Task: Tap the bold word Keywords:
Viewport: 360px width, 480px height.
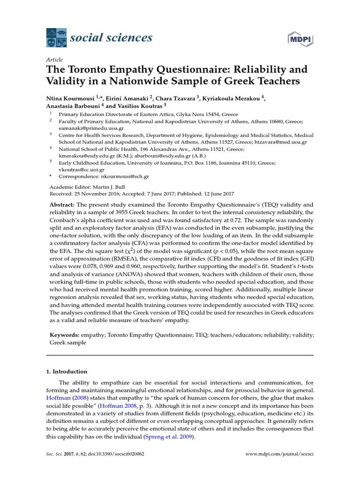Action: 64,335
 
